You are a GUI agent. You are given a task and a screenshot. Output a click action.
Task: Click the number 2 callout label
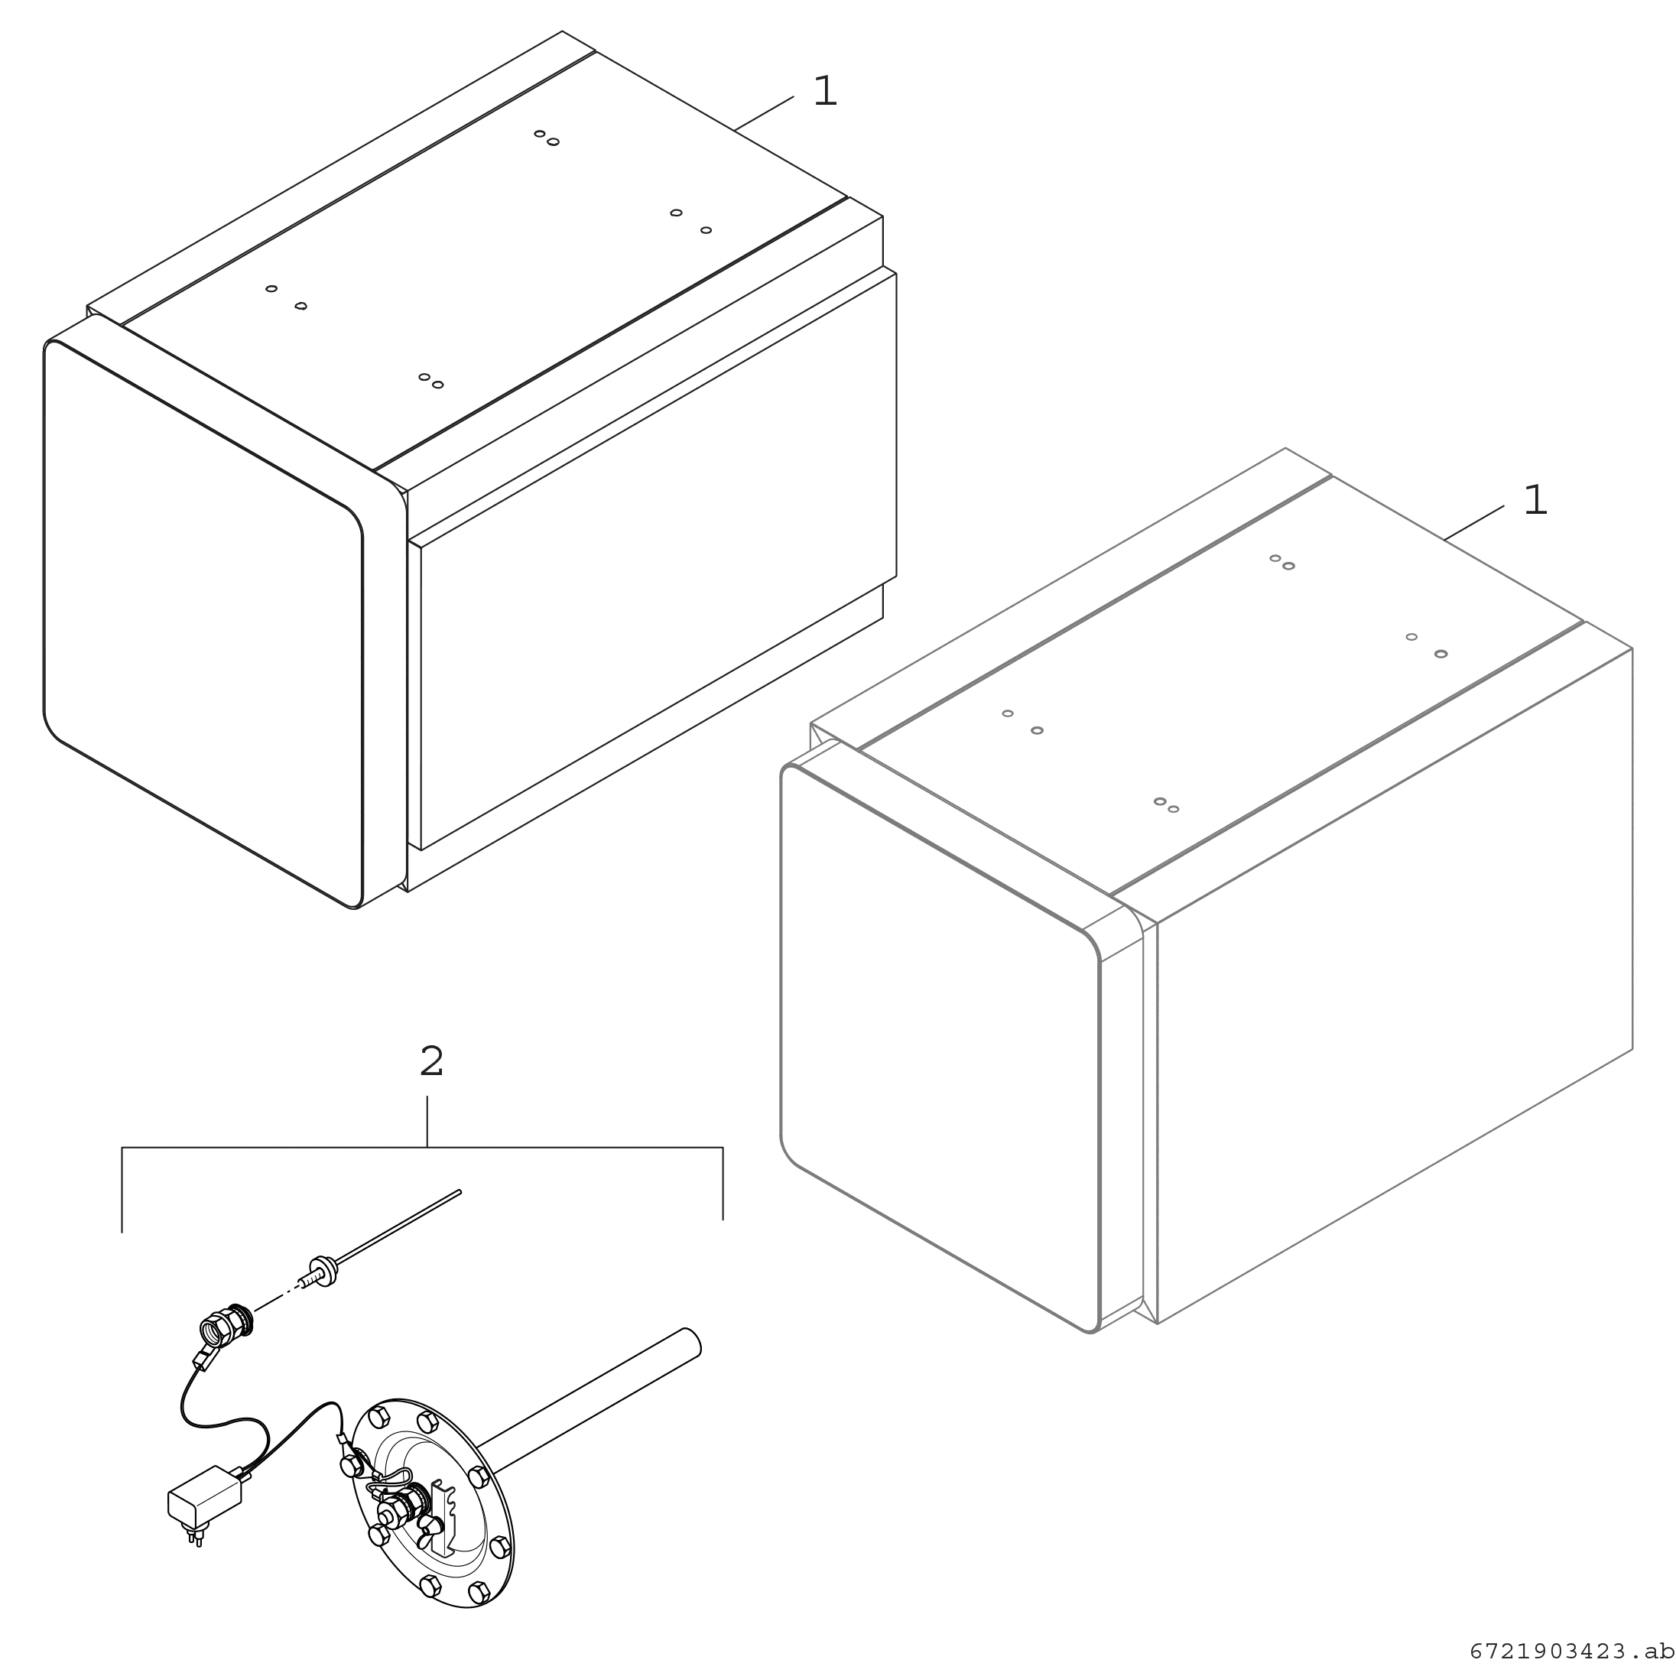431,1061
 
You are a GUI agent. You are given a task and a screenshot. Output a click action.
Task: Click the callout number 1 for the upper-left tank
825,91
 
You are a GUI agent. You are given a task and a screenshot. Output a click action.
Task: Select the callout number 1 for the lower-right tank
1535,501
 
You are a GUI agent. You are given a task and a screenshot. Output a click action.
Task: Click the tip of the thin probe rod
459,1192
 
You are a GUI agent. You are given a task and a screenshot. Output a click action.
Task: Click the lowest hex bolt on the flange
479,1616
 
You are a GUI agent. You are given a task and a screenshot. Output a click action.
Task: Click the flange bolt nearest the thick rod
477,1477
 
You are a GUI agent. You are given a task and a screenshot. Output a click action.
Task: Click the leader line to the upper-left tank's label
763,114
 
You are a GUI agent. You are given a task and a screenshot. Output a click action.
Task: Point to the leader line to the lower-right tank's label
1474,523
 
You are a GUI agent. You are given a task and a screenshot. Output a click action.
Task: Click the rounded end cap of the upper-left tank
203,624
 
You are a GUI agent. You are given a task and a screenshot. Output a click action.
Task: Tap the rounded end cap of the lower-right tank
940,1048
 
